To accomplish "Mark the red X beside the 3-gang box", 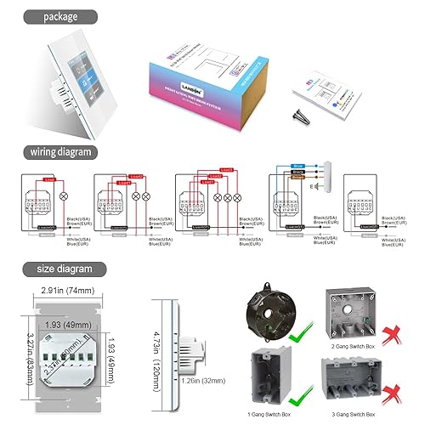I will click(394, 394).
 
